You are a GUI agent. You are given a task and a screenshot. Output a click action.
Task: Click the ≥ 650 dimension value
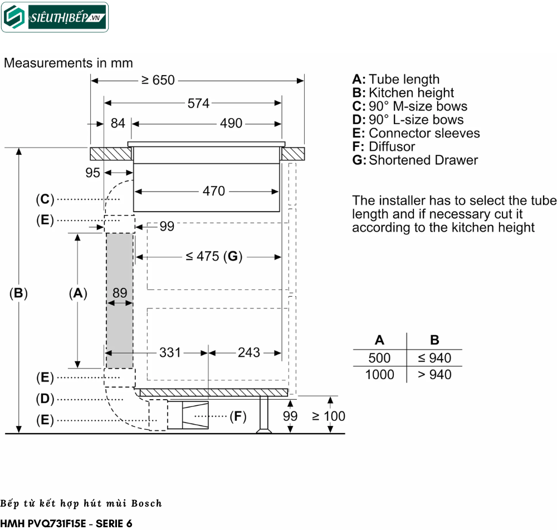pyautogui.click(x=158, y=80)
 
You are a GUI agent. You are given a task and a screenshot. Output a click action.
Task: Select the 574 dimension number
pyautogui.click(x=198, y=103)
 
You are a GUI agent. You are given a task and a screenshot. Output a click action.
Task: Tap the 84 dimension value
pyautogui.click(x=118, y=123)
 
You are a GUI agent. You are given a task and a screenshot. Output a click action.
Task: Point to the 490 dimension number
pyautogui.click(x=231, y=123)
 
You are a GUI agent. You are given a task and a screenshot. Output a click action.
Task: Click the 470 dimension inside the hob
pyautogui.click(x=214, y=191)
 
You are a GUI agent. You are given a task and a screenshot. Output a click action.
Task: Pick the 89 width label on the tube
pyautogui.click(x=120, y=292)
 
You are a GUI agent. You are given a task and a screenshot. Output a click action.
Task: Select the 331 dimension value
pyautogui.click(x=170, y=352)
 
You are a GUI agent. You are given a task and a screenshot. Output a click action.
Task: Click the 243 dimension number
pyautogui.click(x=248, y=352)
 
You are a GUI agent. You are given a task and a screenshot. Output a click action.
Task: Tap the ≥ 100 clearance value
pyautogui.click(x=329, y=416)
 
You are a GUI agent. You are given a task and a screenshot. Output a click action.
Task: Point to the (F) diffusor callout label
pyautogui.click(x=238, y=416)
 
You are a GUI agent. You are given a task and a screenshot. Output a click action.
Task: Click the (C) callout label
pyautogui.click(x=45, y=199)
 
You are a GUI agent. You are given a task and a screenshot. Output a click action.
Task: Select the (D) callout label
pyautogui.click(x=45, y=399)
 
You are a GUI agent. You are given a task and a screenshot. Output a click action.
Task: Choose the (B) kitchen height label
pyautogui.click(x=18, y=293)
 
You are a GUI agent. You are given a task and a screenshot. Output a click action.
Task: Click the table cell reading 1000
pyautogui.click(x=379, y=375)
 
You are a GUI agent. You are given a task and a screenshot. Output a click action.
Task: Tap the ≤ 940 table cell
pyautogui.click(x=434, y=358)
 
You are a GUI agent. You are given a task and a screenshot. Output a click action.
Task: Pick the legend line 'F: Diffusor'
pyautogui.click(x=384, y=146)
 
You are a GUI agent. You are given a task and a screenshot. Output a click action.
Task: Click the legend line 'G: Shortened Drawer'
pyautogui.click(x=415, y=160)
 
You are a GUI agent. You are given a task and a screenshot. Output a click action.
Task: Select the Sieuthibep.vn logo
pyautogui.click(x=55, y=17)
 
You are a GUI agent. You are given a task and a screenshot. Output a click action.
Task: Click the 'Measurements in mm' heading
pyautogui.click(x=69, y=63)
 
